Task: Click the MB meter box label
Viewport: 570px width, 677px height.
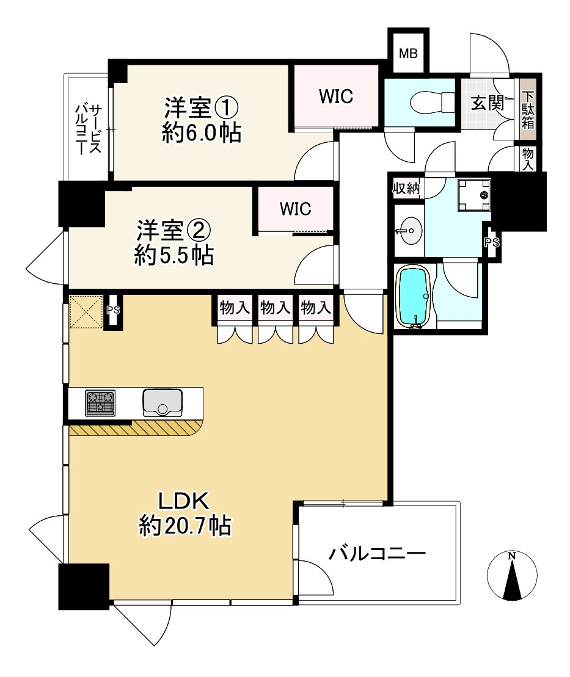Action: point(408,54)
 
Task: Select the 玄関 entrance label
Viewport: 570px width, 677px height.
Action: point(488,103)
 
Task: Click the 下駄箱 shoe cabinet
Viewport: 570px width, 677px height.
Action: point(528,109)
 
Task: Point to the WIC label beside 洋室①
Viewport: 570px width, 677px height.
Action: point(336,96)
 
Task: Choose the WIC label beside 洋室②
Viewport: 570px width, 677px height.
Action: point(296,209)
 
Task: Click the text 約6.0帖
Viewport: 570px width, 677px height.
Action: point(201,132)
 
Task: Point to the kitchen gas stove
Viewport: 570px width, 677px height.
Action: point(100,403)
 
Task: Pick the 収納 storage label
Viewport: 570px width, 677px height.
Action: point(406,189)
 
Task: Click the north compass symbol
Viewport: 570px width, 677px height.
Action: point(512,576)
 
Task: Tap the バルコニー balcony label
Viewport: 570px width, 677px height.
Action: point(377,554)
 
